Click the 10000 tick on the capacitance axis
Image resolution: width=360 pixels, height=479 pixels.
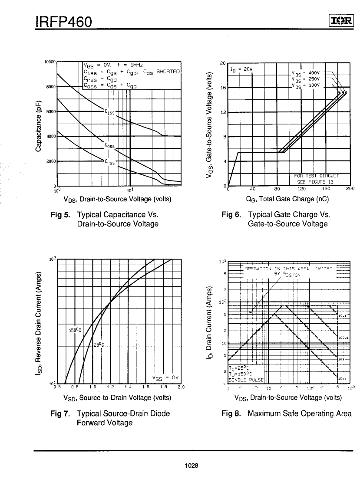[x=50, y=62]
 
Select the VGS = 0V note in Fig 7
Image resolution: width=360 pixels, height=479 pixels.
[x=165, y=377]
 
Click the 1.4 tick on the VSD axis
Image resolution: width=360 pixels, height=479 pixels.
[x=128, y=387]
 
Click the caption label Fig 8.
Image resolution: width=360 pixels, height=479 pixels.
[x=231, y=413]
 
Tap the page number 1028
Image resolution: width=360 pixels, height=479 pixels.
[x=191, y=466]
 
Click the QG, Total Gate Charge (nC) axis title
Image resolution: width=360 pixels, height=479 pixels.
[x=287, y=199]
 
